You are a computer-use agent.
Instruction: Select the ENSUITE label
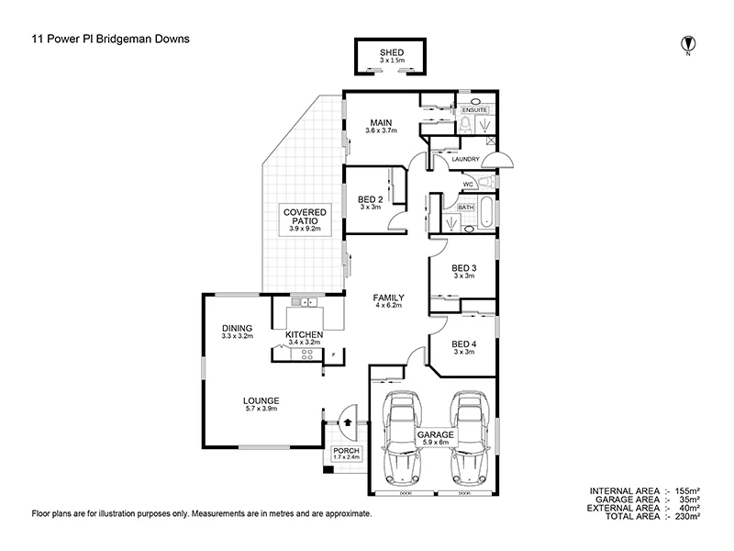point(475,109)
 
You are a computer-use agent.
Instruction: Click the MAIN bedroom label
point(382,122)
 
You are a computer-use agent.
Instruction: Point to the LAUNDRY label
point(465,160)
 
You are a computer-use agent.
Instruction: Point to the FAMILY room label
point(389,298)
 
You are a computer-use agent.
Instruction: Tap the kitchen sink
point(304,301)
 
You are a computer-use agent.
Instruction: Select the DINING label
point(237,327)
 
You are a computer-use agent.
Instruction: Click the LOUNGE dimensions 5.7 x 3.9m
point(261,410)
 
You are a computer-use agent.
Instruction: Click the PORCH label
point(348,452)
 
